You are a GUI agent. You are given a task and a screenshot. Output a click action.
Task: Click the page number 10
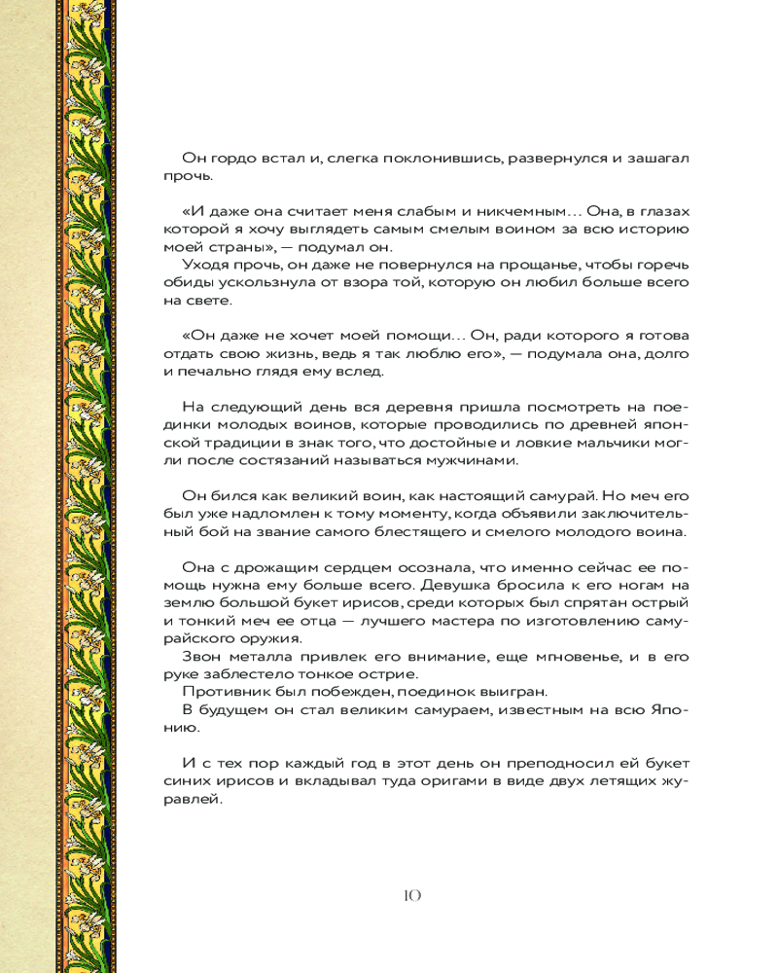pos(409,895)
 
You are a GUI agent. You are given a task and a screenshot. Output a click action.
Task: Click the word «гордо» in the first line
pos(227,159)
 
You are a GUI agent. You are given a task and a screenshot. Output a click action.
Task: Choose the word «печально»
pos(218,371)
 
